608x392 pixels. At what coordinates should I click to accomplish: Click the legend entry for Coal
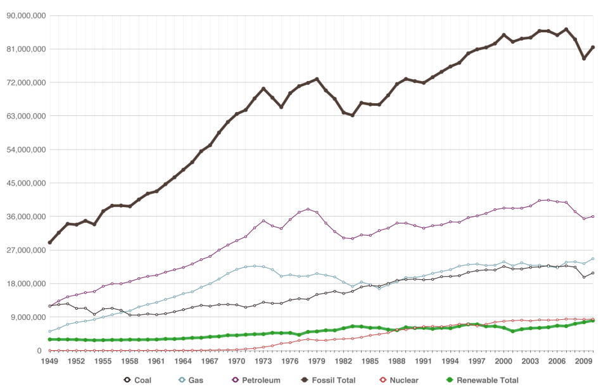pos(138,380)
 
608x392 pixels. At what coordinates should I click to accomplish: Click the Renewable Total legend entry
pos(481,380)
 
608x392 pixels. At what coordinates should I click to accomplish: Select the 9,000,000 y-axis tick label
pos(25,317)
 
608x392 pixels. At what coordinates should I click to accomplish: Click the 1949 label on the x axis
pos(49,361)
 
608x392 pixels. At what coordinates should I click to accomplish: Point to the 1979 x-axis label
pos(317,361)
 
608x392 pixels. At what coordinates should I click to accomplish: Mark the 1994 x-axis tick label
pos(451,361)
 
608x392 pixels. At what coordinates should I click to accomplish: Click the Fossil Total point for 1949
pos(49,243)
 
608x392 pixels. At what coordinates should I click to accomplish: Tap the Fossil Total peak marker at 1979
pos(317,79)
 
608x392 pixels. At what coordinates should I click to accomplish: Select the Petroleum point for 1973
pos(263,221)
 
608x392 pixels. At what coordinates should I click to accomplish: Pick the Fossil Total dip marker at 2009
pos(585,58)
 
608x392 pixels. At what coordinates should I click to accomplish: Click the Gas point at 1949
pos(49,332)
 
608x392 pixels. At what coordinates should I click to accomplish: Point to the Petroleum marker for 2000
pos(504,208)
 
